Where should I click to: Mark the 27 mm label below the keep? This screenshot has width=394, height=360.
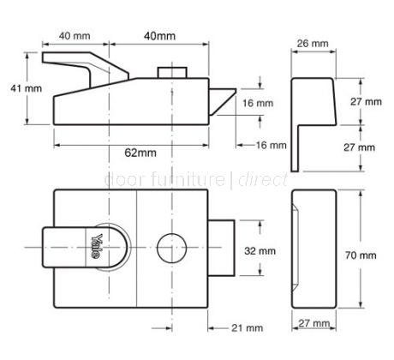[x=312, y=324]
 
